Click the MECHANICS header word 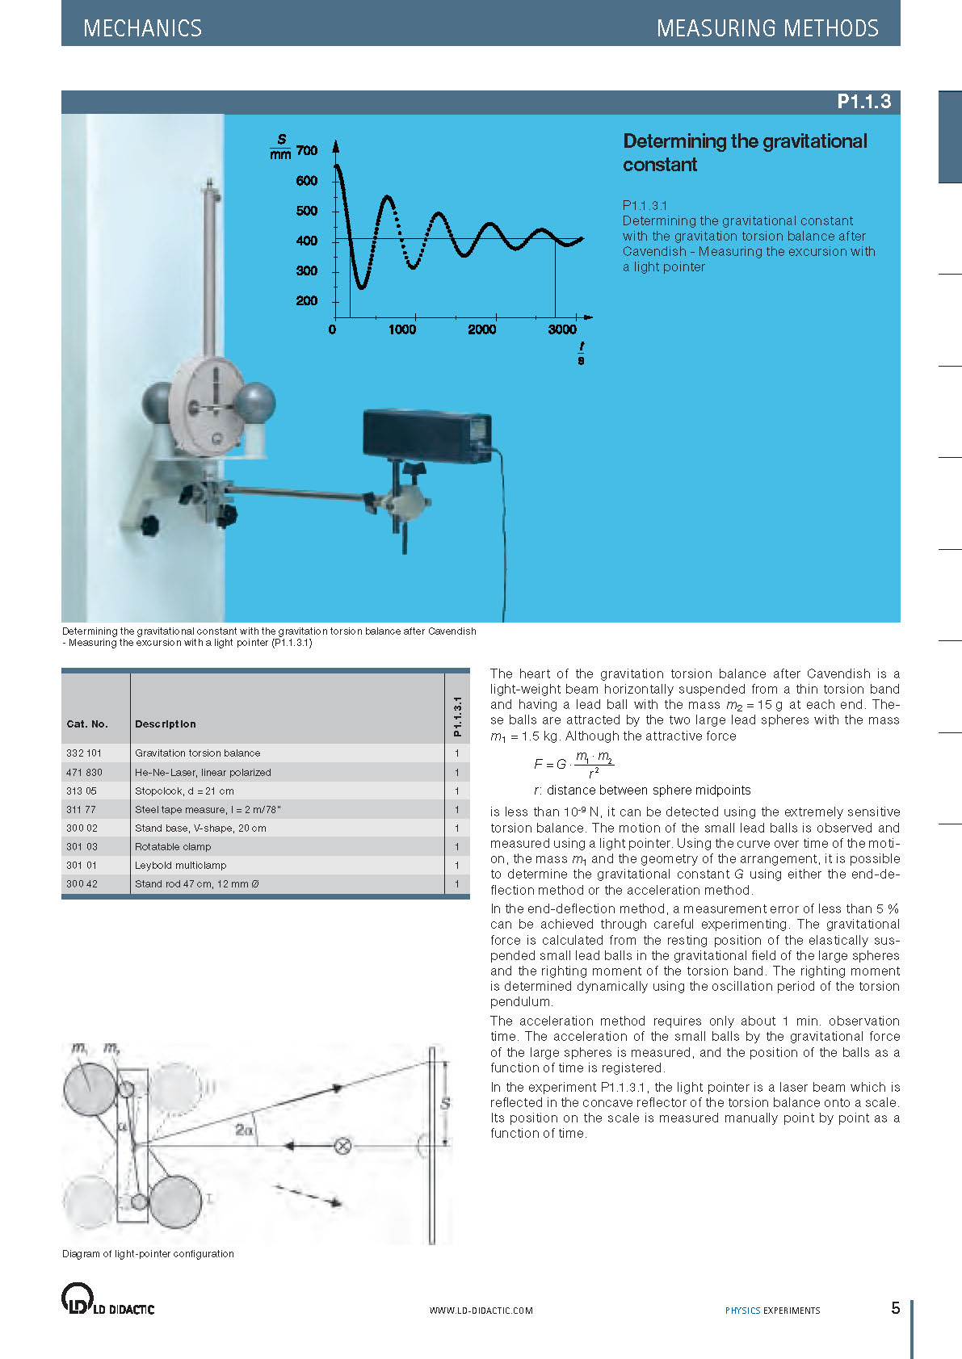tap(142, 28)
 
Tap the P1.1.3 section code tap(863, 102)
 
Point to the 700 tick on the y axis tap(307, 150)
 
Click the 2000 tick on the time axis tap(481, 329)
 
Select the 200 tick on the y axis tap(307, 301)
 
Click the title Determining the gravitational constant tap(744, 153)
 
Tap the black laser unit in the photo tap(426, 436)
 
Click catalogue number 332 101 tap(84, 753)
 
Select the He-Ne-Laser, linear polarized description tap(203, 772)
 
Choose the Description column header tap(166, 724)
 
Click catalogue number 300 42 tap(82, 883)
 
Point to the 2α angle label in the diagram tap(244, 1130)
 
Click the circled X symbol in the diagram tap(342, 1146)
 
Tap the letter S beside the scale tap(445, 1103)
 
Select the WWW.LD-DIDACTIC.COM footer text tap(481, 1311)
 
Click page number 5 tap(895, 1308)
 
